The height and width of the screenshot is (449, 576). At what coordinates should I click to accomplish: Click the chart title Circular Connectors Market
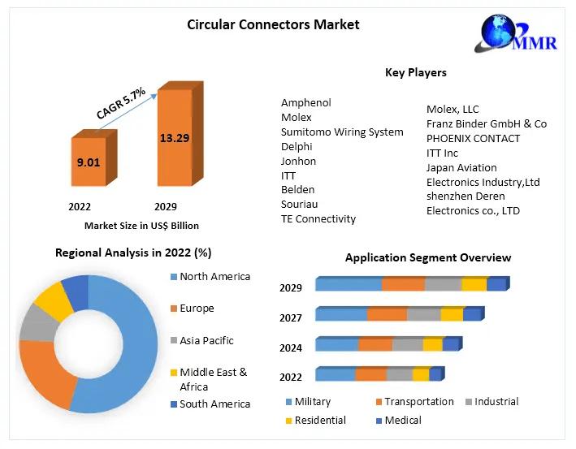(273, 24)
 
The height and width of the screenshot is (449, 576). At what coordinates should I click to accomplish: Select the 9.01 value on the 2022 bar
(89, 162)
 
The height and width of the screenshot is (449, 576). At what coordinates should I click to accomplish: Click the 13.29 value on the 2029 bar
(174, 138)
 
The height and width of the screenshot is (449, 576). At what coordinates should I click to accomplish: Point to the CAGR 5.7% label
(121, 104)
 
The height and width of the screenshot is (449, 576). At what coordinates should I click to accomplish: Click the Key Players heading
(415, 72)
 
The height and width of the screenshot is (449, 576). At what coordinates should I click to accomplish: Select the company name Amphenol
(306, 103)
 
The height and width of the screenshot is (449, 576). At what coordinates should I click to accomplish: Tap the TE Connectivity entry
(318, 218)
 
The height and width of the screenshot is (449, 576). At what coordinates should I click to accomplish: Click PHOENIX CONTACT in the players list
(473, 138)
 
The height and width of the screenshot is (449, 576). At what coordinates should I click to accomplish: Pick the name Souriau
(300, 204)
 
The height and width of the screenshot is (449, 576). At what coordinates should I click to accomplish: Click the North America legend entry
(214, 277)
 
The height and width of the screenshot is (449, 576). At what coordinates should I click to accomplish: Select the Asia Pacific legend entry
(206, 340)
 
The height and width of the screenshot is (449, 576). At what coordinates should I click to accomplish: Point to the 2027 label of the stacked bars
(291, 318)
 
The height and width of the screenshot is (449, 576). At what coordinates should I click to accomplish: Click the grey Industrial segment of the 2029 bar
(443, 284)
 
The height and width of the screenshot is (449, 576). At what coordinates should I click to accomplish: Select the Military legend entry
(313, 402)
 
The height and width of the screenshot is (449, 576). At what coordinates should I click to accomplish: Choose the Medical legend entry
(403, 420)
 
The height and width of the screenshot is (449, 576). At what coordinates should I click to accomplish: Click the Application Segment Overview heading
(428, 257)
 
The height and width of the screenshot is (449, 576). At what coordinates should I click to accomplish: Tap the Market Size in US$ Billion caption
(141, 226)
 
